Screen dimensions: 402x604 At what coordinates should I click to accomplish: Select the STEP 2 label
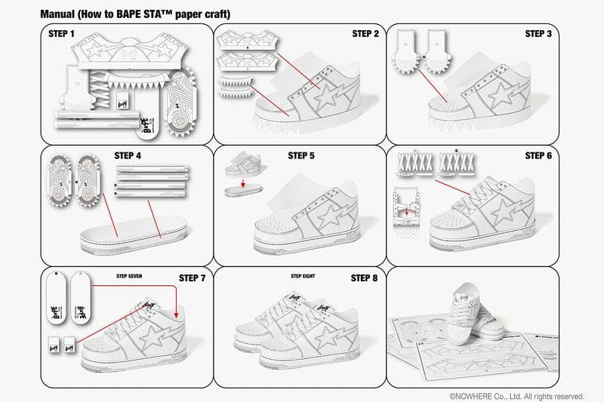point(366,34)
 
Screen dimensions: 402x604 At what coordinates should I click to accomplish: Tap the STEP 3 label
point(539,34)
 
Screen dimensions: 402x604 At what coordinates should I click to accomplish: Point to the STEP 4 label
point(128,155)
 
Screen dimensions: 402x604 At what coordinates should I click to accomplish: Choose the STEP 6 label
point(539,155)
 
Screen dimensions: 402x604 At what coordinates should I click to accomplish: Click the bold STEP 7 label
point(193,278)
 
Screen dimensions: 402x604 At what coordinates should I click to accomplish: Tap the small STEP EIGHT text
point(302,277)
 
